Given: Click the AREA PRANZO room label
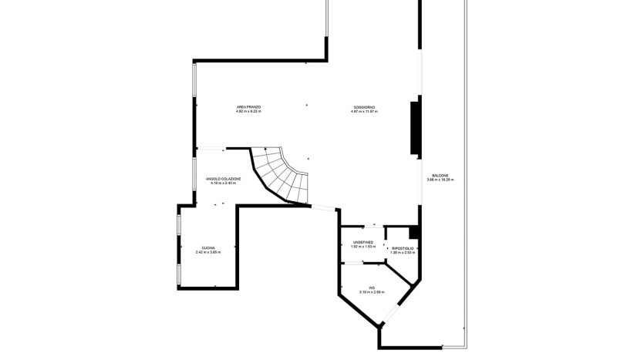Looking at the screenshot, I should tap(248, 106).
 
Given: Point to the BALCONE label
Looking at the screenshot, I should tap(440, 175).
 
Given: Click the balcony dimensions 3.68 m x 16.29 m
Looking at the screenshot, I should tap(440, 180).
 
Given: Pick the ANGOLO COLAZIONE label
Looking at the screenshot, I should tap(223, 178).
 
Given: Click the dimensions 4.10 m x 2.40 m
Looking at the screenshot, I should tap(223, 183).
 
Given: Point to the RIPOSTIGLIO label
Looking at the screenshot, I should tap(402, 247).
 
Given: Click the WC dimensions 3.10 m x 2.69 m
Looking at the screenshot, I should tap(371, 293).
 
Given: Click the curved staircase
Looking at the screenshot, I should tap(281, 174).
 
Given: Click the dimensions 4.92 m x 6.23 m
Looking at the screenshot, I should tap(248, 112).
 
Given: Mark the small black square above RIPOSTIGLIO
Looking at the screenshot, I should tap(414, 232).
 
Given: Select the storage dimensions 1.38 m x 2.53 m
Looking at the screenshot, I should tap(402, 252).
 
